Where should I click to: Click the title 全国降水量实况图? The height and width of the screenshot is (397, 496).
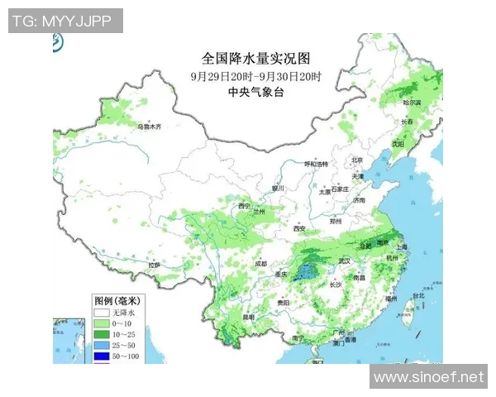coord(255,59)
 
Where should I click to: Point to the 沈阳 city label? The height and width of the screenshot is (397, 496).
coord(398,143)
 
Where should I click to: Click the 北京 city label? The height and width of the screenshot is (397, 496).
coord(357,160)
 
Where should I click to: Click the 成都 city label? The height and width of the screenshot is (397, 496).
coord(260,263)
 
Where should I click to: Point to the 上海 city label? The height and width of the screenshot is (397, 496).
coord(403,247)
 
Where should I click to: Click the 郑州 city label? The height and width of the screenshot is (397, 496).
coord(335,222)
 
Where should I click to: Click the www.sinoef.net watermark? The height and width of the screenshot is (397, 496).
coord(427,378)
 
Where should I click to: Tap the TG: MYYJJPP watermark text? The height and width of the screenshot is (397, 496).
coord(65,21)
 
